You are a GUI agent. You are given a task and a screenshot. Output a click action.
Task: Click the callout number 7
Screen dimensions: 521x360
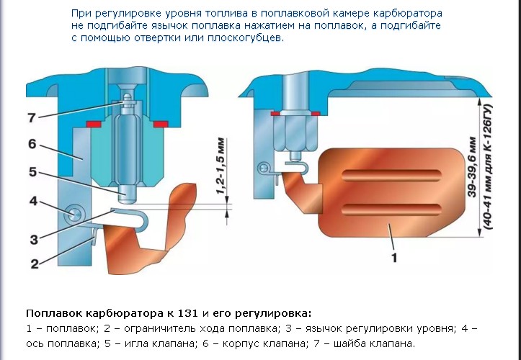[32, 117]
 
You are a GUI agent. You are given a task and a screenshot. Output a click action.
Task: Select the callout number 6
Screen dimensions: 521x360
[32, 144]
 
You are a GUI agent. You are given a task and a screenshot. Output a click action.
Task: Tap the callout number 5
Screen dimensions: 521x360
[32, 171]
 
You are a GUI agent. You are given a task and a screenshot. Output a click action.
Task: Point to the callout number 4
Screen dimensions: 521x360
[33, 201]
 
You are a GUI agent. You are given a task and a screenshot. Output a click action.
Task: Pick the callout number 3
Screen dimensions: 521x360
[34, 239]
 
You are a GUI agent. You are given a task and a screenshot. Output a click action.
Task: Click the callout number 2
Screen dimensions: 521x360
[35, 264]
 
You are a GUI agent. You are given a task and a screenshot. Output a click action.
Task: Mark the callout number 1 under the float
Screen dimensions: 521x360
[394, 257]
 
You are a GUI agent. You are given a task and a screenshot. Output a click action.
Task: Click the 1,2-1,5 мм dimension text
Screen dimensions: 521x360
[221, 166]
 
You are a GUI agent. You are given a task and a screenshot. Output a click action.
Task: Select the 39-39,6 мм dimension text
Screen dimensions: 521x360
[472, 167]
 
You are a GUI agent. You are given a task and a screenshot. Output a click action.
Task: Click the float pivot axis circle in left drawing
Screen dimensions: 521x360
[73, 213]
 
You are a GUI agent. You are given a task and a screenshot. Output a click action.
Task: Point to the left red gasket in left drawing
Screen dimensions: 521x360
[94, 125]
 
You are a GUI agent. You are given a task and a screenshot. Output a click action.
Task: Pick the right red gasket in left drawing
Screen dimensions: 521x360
[161, 125]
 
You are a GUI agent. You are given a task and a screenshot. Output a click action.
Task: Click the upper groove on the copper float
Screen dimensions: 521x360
[391, 176]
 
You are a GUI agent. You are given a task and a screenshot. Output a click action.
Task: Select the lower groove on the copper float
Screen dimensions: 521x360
[391, 210]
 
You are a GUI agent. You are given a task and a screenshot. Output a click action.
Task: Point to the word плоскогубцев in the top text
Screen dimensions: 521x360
[246, 37]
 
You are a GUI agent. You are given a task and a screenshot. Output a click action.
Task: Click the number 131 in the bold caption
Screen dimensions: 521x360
[188, 313]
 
